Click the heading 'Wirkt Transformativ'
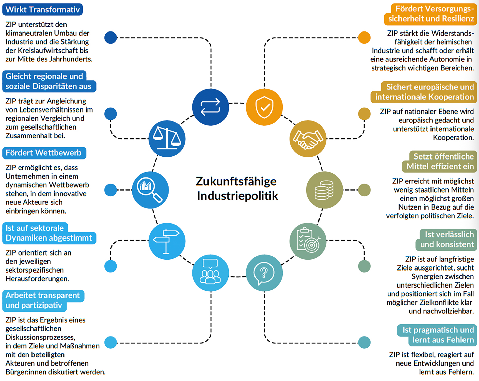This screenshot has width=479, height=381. (x=43, y=10)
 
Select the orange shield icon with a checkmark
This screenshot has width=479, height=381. (x=264, y=107)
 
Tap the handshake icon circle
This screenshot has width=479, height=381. (x=308, y=139)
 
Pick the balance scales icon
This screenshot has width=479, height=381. (x=167, y=139)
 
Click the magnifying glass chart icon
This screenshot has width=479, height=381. (x=150, y=190)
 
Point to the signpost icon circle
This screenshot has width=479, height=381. (x=167, y=241)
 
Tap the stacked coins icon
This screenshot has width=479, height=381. (x=324, y=190)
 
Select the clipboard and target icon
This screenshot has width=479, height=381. (x=308, y=241)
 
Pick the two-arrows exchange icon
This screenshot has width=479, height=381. (x=210, y=107)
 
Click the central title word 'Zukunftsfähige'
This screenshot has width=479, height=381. (x=236, y=181)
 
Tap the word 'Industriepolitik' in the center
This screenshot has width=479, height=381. (x=237, y=196)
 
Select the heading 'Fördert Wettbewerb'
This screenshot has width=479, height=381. (x=43, y=153)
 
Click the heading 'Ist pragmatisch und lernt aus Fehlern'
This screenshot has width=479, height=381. (x=438, y=335)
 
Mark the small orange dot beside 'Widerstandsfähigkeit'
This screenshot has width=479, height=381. (x=364, y=38)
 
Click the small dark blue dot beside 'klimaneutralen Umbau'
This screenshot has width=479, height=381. (x=110, y=38)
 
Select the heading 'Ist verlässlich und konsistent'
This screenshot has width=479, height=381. (x=447, y=239)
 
